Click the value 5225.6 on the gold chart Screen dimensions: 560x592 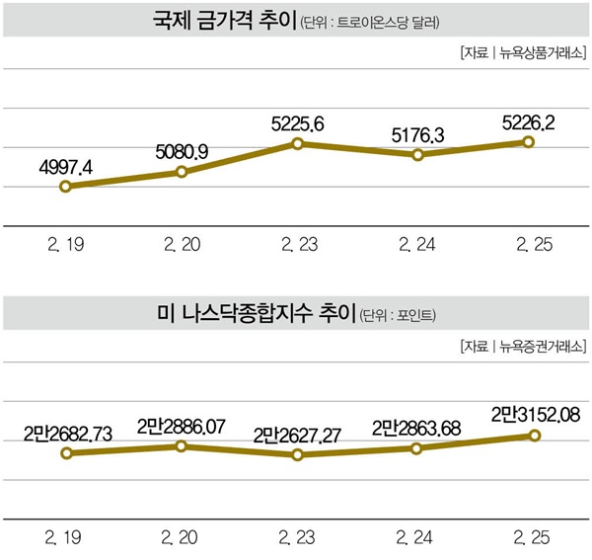(x=298, y=123)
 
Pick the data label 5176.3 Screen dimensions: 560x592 (x=418, y=132)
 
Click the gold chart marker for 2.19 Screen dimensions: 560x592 (x=65, y=186)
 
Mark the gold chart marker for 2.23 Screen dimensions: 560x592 (x=298, y=144)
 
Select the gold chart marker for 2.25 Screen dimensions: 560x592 (x=529, y=142)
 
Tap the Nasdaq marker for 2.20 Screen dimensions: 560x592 (x=183, y=446)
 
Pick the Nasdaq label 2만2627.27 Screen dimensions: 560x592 (x=298, y=434)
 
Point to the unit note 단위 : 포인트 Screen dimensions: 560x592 (x=400, y=316)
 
